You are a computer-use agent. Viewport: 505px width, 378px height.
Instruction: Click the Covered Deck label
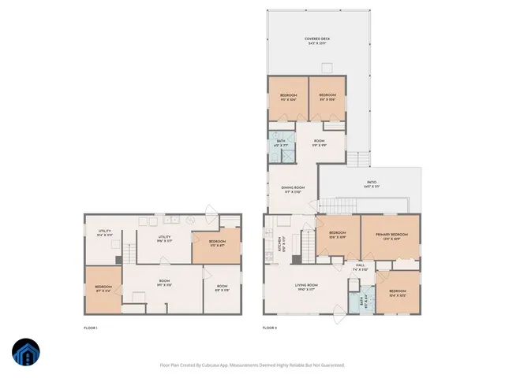[317, 41]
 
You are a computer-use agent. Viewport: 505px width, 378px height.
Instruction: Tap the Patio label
[371, 183]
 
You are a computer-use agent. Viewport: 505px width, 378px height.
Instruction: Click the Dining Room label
[293, 190]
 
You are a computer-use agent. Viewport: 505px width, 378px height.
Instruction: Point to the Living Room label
[305, 287]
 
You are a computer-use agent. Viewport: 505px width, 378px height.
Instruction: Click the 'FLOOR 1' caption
[92, 327]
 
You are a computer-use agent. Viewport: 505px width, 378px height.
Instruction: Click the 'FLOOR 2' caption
[271, 327]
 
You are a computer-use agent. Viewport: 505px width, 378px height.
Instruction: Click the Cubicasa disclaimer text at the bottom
[252, 365]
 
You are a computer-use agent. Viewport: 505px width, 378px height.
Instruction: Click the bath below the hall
[363, 300]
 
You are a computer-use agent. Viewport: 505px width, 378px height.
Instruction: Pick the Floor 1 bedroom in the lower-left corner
[103, 289]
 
